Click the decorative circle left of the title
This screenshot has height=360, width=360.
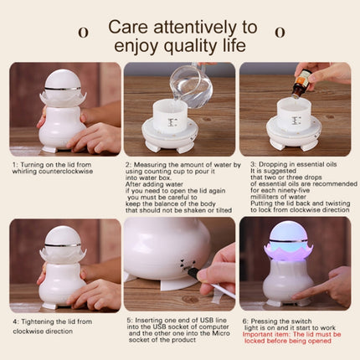[x=82, y=33]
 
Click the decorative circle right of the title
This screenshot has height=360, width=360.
[x=279, y=33]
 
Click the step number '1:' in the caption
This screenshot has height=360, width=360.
[x=15, y=166]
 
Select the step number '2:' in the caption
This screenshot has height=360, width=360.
[x=129, y=166]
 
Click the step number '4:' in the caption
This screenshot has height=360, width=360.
[x=15, y=321]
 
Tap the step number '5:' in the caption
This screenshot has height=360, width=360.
[x=129, y=321]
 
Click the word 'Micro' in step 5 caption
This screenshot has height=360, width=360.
[x=200, y=340]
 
